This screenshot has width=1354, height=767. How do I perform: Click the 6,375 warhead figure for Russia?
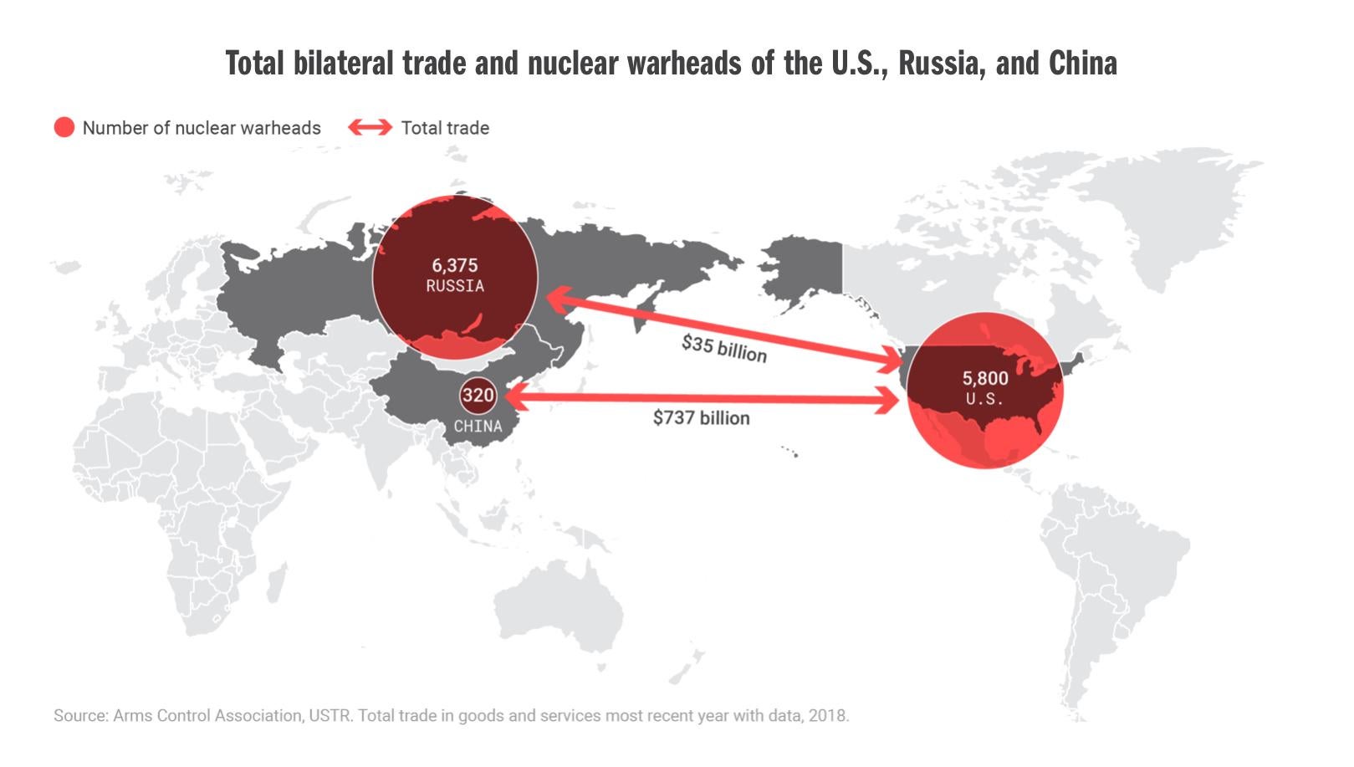454,265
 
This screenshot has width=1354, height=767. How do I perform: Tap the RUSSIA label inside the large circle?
454,286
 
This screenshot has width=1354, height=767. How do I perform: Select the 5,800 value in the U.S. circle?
984,378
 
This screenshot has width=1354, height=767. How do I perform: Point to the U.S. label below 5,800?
984,399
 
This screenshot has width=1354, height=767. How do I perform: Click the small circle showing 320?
478,395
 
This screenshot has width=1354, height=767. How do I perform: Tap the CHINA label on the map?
478,427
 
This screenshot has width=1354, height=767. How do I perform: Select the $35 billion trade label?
723,347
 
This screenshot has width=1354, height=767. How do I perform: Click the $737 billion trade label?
701,417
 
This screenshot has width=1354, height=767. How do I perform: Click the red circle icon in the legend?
64,128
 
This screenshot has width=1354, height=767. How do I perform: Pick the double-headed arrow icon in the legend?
370,128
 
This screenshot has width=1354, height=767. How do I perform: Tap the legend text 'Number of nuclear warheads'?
202,128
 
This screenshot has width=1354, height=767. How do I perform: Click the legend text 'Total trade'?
445,128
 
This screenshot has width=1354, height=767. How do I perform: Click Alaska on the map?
803,268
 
